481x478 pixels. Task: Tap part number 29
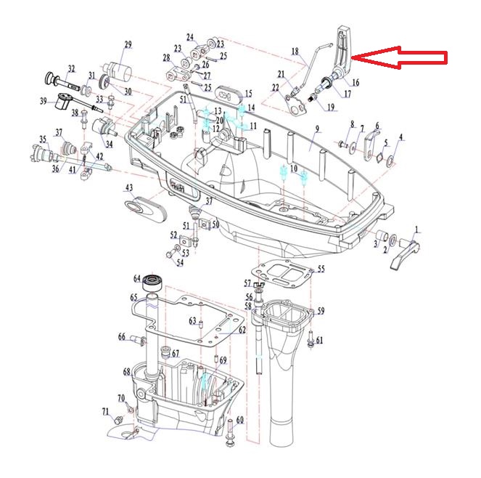(128, 46)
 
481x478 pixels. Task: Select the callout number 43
(129, 188)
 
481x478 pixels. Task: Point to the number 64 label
(136, 278)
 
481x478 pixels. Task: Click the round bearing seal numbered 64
(152, 280)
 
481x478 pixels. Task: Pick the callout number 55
(321, 269)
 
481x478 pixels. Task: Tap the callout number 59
(320, 311)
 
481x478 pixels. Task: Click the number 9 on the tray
(317, 129)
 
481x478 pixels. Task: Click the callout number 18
(295, 52)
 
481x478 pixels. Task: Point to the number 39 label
(43, 100)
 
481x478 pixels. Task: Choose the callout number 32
(71, 69)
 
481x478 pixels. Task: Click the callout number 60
(240, 420)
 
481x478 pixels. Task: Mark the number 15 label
(248, 94)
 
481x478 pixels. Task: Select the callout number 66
(122, 336)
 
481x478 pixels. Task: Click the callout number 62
(242, 330)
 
